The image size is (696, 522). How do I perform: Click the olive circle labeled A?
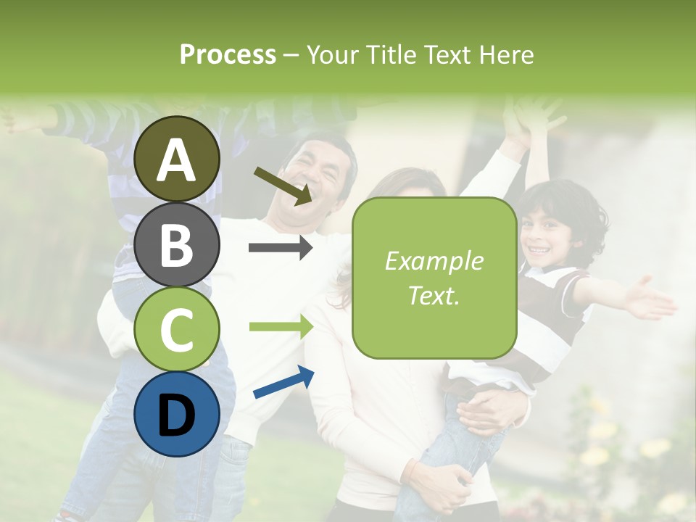pos(176,159)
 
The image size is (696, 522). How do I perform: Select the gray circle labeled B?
pos(176,244)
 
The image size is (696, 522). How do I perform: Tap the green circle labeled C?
pos(176,329)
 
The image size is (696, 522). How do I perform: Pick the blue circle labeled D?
pos(176,415)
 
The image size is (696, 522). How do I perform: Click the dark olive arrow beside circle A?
pos(283,185)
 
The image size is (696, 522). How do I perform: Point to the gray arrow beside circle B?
pos(281,248)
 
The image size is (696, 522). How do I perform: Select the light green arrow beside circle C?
pos(281,326)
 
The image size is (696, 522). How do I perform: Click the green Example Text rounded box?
pos(434,278)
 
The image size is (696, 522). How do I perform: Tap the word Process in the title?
pos(228,54)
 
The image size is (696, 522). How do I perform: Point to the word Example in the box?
pos(434,261)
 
